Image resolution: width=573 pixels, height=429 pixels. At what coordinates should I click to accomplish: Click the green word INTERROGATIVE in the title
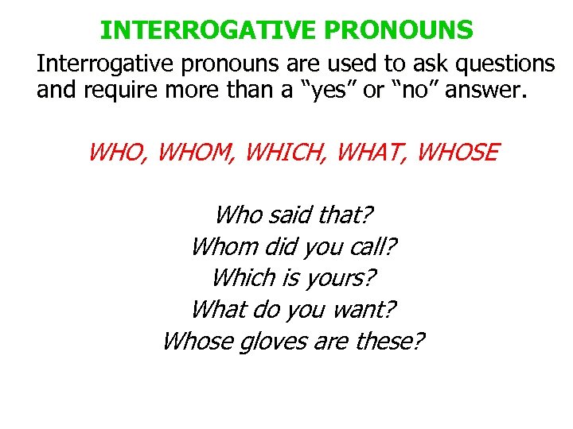[209, 30]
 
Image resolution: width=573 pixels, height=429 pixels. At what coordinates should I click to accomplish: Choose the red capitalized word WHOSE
[458, 151]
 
